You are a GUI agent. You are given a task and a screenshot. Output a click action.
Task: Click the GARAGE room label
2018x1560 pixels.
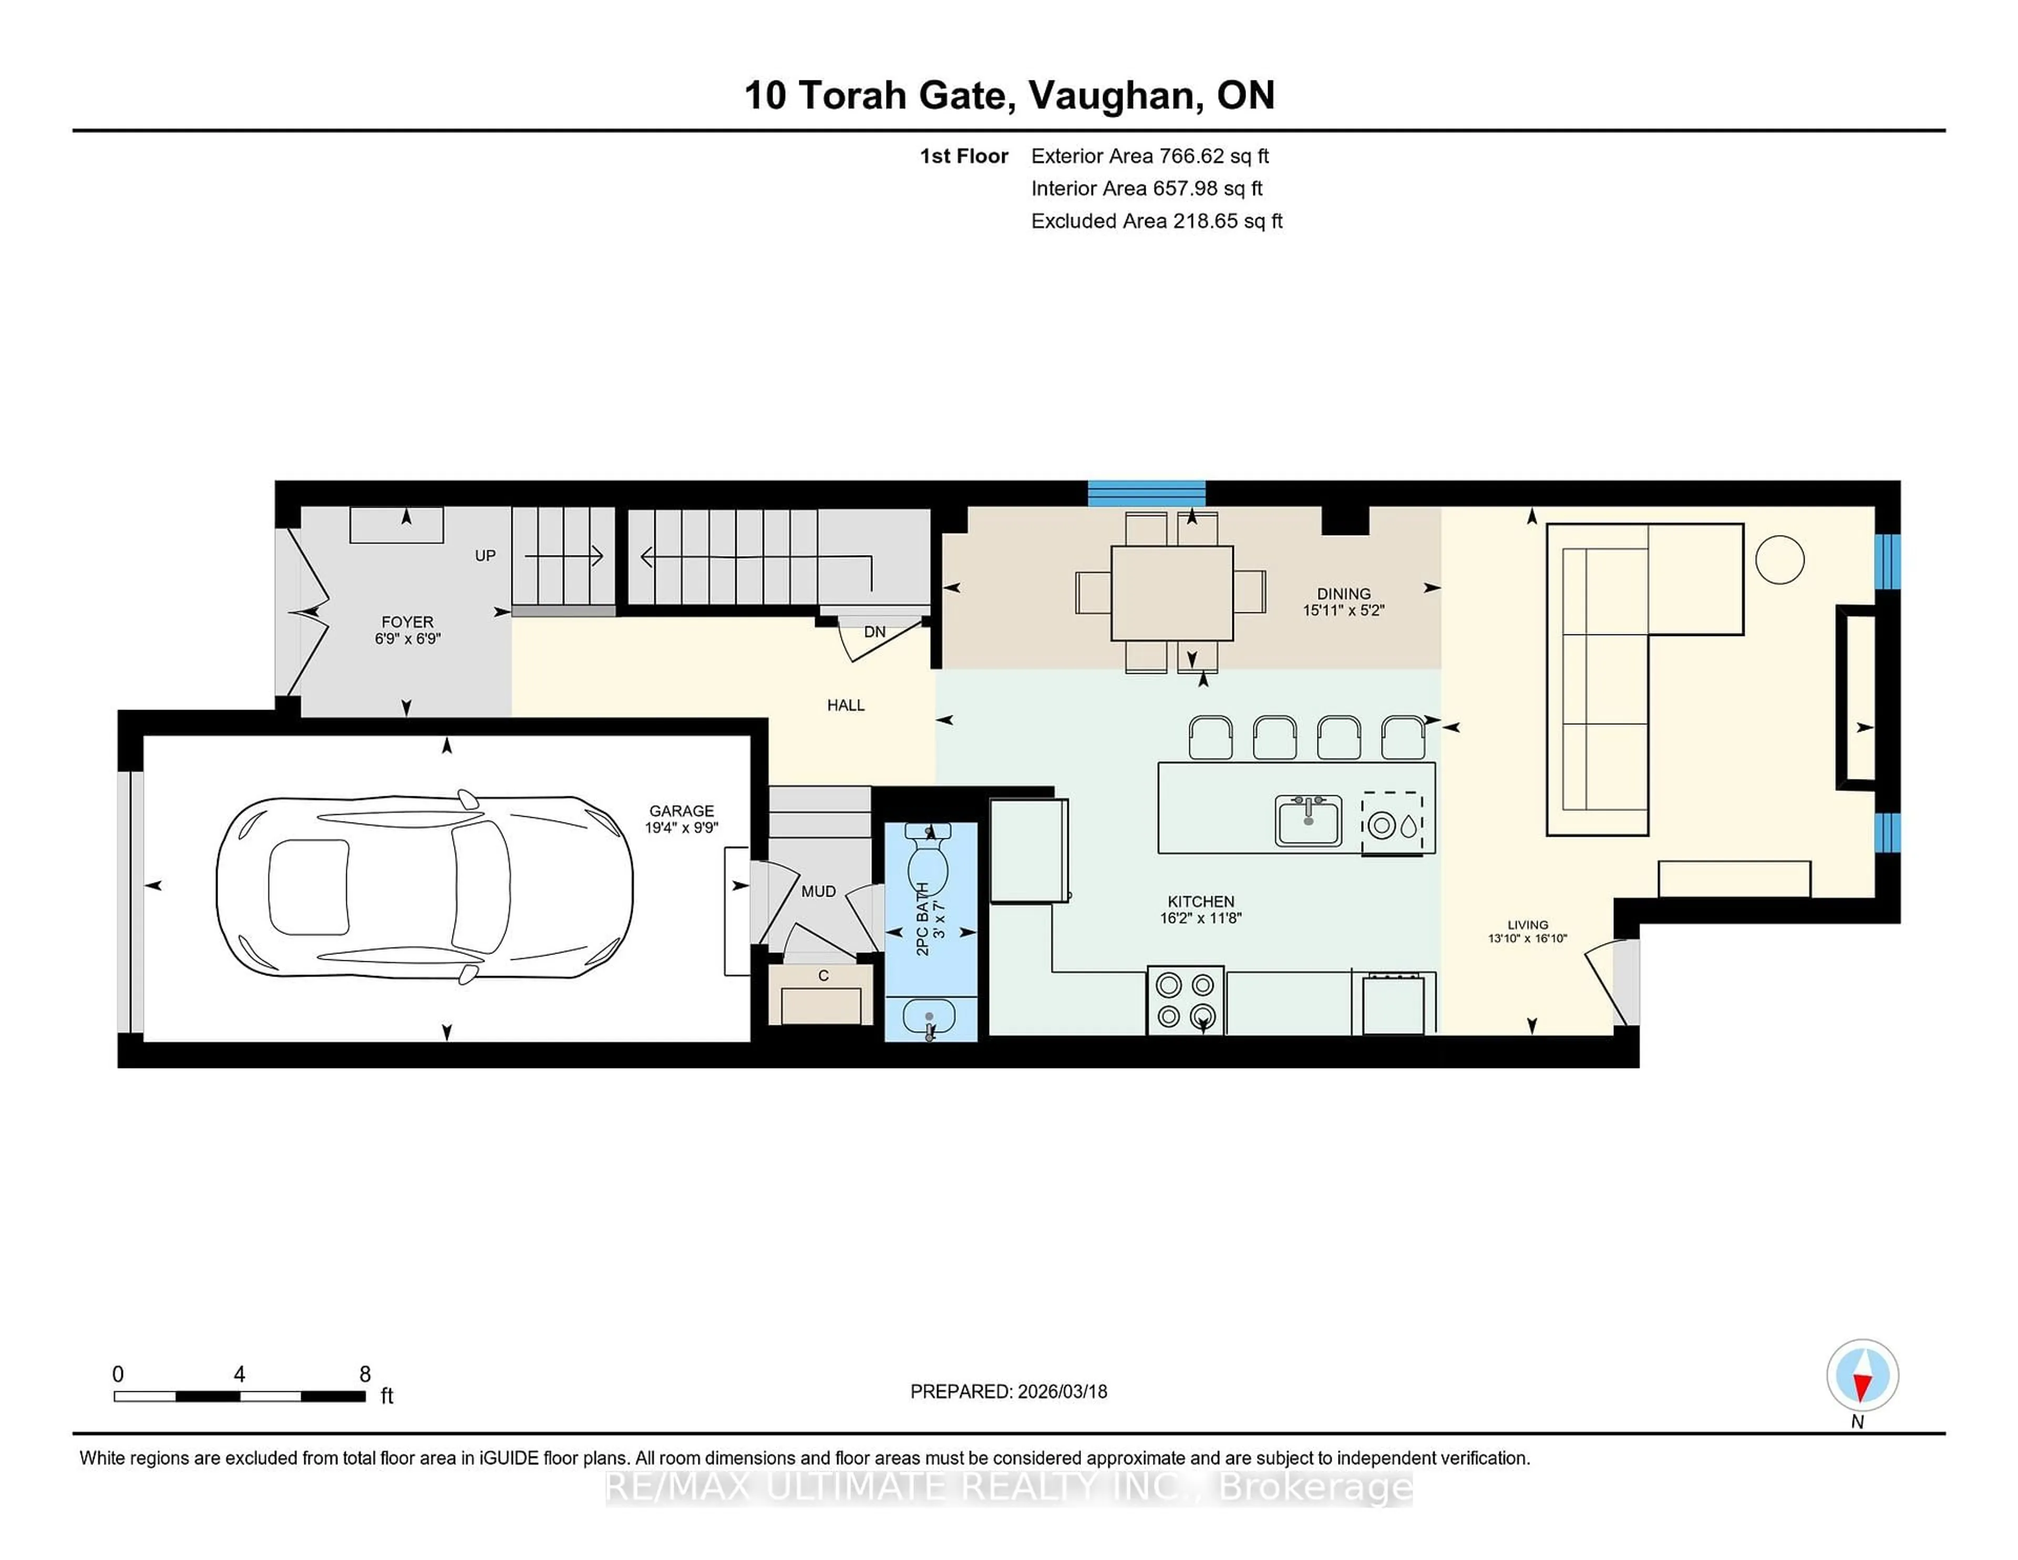pos(681,810)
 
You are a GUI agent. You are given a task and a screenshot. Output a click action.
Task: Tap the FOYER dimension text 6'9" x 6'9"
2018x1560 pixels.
pos(407,639)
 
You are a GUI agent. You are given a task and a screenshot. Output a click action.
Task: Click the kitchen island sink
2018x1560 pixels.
pos(1307,820)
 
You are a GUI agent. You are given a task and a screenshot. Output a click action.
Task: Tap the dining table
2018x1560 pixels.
pos(1171,592)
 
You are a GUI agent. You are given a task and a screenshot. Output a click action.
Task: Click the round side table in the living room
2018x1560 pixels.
pos(1779,560)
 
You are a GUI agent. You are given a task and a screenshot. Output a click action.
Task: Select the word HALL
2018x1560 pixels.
pos(846,705)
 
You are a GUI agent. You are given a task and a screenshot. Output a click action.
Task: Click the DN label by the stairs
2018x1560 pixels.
pos(874,632)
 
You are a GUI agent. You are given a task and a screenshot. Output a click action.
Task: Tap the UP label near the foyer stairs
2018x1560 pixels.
pos(485,556)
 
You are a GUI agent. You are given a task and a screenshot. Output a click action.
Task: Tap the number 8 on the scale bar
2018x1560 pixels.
pos(365,1374)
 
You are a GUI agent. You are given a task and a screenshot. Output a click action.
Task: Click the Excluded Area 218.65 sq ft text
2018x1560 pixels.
pos(1156,221)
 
